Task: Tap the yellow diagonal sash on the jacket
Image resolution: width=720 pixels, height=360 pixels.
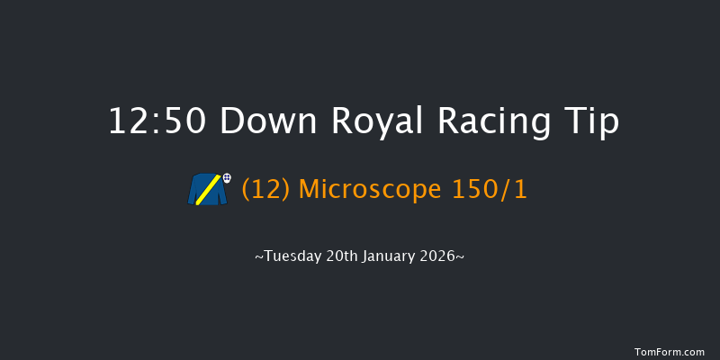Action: coord(205,190)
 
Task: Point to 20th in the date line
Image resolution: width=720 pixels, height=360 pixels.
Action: coord(340,256)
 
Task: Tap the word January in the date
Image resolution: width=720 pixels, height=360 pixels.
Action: coord(389,256)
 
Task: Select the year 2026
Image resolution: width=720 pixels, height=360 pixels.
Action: coord(440,256)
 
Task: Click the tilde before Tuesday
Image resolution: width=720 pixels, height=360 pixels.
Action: coord(259,257)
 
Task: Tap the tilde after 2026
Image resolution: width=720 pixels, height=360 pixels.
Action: coord(461,257)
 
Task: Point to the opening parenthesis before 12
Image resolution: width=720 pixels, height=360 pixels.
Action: coord(246,189)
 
